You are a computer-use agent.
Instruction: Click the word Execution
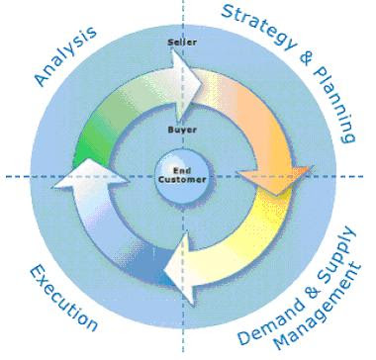[62, 298]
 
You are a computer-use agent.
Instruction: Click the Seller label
[181, 44]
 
